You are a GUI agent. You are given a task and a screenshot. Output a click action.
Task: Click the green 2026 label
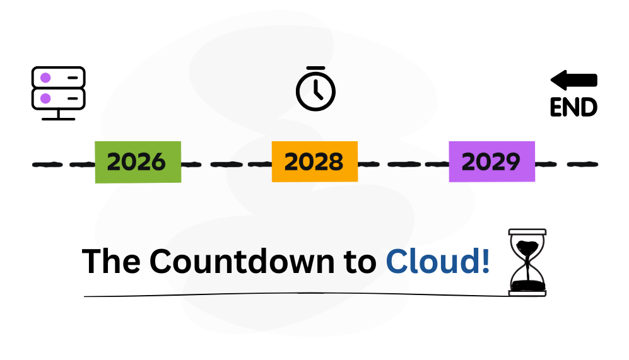[138, 162]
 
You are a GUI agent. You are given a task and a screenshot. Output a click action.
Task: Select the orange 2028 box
[314, 162]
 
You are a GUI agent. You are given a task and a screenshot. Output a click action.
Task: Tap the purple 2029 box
[491, 162]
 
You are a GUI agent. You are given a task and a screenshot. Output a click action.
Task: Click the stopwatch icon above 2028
[315, 90]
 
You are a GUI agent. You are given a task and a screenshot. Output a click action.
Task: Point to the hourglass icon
[527, 262]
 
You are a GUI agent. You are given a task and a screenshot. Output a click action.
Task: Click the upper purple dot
[45, 78]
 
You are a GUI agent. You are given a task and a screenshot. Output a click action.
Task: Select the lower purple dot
[45, 98]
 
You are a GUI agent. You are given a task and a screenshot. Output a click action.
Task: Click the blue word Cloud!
[437, 262]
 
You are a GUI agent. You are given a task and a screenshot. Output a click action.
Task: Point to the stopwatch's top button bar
[315, 68]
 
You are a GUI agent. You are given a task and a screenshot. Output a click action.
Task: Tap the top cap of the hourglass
[527, 232]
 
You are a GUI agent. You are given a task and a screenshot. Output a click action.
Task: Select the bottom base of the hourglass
[527, 293]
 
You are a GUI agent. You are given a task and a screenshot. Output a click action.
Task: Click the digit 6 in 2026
[157, 162]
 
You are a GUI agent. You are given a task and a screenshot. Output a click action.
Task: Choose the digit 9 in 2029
[512, 162]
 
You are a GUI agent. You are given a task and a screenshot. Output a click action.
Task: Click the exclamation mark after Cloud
[485, 261]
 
